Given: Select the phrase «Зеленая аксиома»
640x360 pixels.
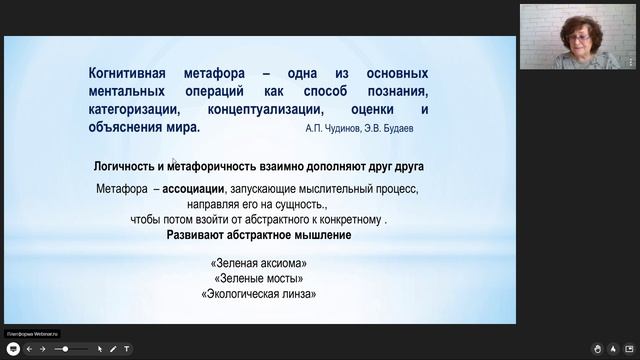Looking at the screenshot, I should click(259, 263).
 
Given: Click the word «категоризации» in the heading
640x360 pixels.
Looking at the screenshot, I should click(133, 110).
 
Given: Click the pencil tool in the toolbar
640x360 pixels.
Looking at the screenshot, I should click(113, 349).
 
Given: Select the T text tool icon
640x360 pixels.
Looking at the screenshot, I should click(127, 349).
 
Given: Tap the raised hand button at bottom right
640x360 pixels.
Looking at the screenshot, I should click(598, 349).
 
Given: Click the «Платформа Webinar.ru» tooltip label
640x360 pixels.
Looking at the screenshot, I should click(33, 334).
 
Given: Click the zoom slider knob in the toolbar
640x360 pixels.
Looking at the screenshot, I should click(65, 349).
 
